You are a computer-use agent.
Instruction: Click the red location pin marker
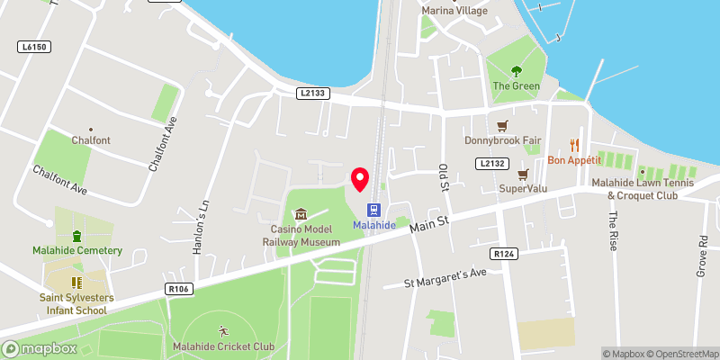(360, 179)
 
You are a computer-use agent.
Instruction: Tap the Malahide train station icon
(373, 209)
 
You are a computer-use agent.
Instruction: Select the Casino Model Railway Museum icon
(301, 214)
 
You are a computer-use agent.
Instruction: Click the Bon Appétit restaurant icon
(572, 145)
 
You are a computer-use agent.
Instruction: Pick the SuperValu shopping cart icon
(523, 173)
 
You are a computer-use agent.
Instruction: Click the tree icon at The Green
(516, 70)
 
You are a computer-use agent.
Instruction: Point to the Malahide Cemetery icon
(76, 236)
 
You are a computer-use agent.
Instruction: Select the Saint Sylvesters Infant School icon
(76, 282)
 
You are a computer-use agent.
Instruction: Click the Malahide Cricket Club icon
(223, 330)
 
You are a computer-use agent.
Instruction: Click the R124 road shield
(505, 255)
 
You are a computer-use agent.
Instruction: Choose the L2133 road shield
(311, 93)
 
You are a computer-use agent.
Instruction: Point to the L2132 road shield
(491, 162)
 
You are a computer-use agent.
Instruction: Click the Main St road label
(428, 222)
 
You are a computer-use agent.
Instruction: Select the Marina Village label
(454, 11)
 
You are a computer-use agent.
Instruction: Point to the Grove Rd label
(703, 257)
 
